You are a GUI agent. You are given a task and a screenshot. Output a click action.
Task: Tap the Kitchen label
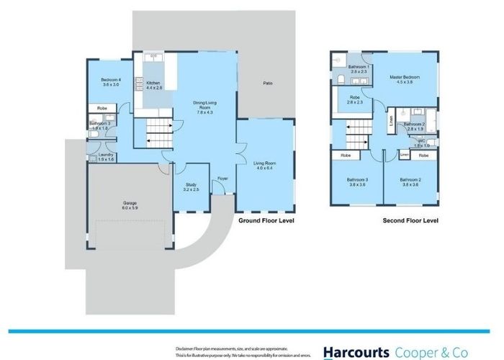[x=154, y=85]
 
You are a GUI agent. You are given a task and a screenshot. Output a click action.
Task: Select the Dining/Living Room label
[x=204, y=107]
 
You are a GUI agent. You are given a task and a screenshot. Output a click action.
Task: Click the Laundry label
[x=98, y=156]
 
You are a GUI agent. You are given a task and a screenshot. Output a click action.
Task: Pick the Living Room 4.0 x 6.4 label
[x=265, y=166]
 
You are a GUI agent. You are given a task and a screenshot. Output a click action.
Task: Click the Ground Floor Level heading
[x=266, y=221]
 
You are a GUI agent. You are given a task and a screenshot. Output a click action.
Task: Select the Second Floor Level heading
[x=410, y=221]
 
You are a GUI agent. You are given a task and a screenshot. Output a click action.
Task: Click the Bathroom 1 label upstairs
[x=359, y=69]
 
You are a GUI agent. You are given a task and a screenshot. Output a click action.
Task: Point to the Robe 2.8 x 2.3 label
[x=356, y=100]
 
